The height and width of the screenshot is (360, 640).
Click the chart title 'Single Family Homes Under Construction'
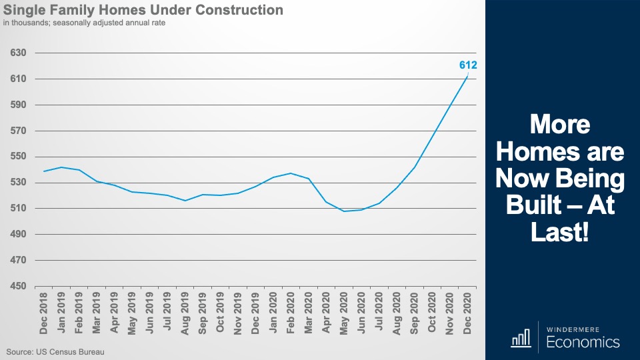tap(143, 10)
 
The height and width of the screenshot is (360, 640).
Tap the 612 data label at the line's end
tap(468, 65)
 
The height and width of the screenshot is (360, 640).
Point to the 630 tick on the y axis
tap(18, 53)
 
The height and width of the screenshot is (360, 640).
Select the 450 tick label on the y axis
tap(18, 287)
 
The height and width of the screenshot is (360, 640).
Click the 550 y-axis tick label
tap(18, 157)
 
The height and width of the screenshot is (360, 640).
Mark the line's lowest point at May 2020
tap(344, 211)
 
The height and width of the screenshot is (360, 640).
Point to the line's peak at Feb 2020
tap(291, 173)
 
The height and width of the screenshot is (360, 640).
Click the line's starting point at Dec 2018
tap(44, 171)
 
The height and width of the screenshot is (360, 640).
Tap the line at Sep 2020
tap(415, 167)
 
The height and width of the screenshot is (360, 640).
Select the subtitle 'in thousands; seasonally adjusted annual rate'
tap(84, 23)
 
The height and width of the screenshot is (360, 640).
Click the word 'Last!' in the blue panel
tap(560, 233)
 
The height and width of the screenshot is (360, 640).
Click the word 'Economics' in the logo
tap(583, 343)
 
